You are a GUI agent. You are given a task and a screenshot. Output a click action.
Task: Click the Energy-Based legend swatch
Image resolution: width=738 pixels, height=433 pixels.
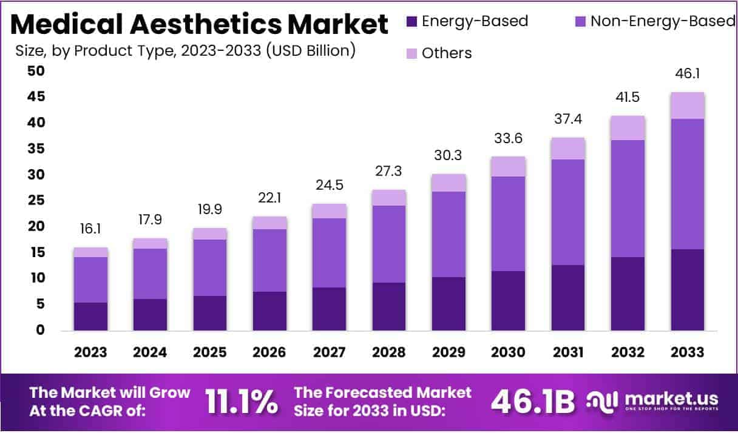click(x=411, y=22)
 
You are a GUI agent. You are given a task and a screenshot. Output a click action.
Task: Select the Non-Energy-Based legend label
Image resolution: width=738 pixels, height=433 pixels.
click(x=663, y=21)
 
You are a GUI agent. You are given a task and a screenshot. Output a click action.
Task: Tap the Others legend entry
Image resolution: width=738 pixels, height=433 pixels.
click(x=446, y=53)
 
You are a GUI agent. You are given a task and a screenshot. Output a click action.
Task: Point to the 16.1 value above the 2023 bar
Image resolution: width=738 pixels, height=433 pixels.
click(x=90, y=229)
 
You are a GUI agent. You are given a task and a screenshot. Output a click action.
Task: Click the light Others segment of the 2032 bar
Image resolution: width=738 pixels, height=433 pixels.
click(x=628, y=128)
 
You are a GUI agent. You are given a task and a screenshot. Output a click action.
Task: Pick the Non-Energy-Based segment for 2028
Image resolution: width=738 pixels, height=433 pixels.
click(x=389, y=244)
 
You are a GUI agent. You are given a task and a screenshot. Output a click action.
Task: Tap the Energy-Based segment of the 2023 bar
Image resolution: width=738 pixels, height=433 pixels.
click(x=90, y=316)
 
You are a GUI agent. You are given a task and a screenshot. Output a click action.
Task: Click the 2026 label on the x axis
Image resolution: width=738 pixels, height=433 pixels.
click(x=269, y=352)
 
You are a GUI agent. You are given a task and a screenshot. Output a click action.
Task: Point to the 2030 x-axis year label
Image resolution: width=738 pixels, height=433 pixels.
click(x=509, y=352)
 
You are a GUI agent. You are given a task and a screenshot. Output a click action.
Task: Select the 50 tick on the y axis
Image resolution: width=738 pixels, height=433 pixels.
click(x=36, y=71)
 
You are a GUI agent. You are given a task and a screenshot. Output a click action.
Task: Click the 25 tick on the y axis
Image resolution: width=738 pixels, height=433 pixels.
click(x=36, y=201)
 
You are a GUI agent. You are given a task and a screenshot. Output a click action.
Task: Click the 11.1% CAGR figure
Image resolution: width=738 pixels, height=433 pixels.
click(x=242, y=401)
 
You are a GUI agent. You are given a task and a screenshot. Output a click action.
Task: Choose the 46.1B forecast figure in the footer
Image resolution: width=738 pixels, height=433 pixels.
click(x=533, y=401)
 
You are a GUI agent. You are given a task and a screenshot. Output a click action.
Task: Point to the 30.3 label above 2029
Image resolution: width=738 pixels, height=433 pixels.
click(x=449, y=155)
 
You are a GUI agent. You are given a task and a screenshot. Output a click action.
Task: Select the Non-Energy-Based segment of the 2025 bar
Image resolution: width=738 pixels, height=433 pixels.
click(x=210, y=267)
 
